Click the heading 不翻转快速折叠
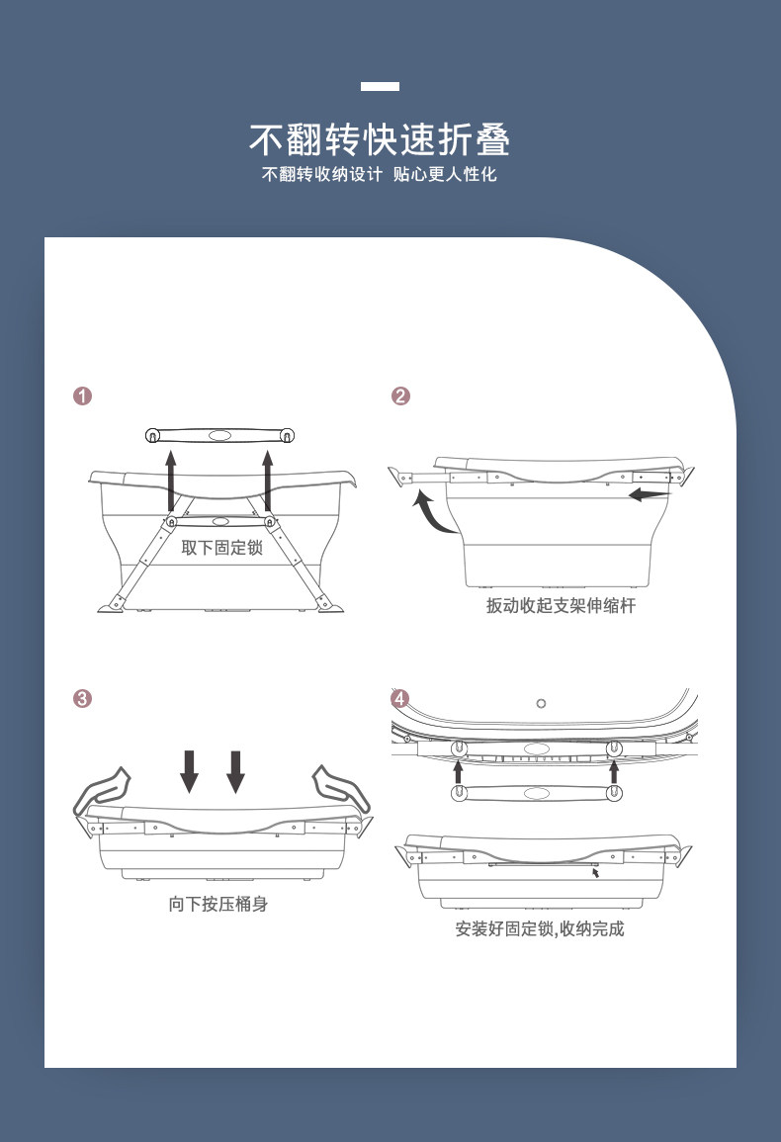click(x=380, y=140)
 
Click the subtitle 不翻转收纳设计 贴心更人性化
click(x=380, y=175)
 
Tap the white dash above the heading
click(x=380, y=87)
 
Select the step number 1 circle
click(x=83, y=396)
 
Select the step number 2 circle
click(x=400, y=396)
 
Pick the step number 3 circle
click(x=83, y=699)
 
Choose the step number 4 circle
click(x=399, y=699)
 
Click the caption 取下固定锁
click(x=221, y=547)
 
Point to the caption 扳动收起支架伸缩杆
click(x=561, y=605)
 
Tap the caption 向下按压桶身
click(x=217, y=904)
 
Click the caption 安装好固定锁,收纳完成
click(x=540, y=929)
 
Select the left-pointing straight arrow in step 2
click(x=649, y=493)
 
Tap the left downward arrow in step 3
click(x=190, y=771)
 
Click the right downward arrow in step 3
click(x=235, y=771)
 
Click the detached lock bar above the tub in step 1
click(x=220, y=435)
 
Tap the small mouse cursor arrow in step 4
click(x=596, y=873)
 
